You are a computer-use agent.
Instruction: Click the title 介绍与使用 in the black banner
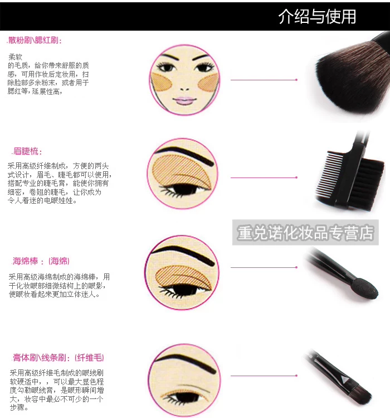coord(317,17)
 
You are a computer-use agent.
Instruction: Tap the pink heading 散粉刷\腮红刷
coord(35,40)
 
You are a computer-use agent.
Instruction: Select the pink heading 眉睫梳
coord(27,151)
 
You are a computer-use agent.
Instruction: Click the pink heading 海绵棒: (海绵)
coord(41,261)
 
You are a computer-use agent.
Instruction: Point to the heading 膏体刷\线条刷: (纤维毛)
coord(58,358)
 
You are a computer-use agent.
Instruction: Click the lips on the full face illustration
coord(184,101)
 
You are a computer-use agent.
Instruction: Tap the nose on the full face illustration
coord(184,89)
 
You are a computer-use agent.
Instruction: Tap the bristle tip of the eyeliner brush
coord(362,393)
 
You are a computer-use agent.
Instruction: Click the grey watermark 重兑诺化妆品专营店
coord(305,233)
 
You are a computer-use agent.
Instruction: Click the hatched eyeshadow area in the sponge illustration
coord(184,278)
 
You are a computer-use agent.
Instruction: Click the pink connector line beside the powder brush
coord(264,80)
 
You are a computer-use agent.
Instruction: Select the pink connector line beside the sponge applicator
coord(264,267)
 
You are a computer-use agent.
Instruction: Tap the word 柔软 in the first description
coord(15,57)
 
